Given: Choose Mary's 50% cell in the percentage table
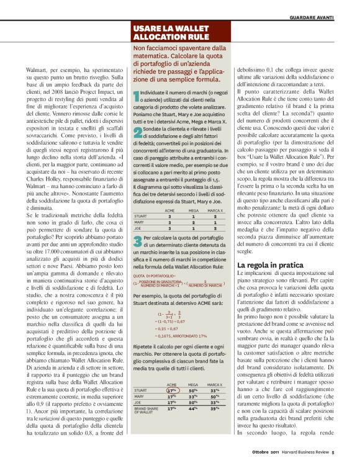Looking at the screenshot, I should (215, 379).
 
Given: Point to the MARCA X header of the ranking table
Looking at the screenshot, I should (215, 210).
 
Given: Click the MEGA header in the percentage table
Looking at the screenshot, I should (192, 367).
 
